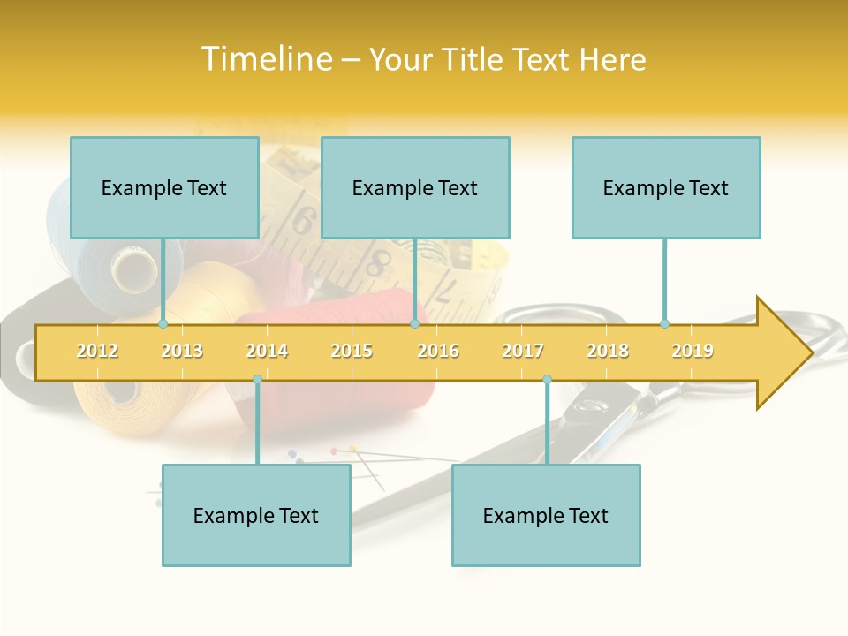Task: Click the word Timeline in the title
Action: click(x=266, y=59)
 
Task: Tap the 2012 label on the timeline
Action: click(x=97, y=351)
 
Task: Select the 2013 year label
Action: click(x=182, y=351)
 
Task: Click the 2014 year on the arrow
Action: click(x=267, y=351)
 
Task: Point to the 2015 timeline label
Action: click(x=352, y=351)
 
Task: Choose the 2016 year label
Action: click(x=438, y=351)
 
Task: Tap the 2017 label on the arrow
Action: click(x=523, y=351)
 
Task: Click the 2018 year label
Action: click(x=608, y=351)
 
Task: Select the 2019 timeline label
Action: click(x=693, y=351)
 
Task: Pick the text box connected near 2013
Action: click(x=164, y=187)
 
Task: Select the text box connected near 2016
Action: click(x=415, y=187)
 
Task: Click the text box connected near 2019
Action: click(x=666, y=187)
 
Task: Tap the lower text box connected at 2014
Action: click(x=256, y=515)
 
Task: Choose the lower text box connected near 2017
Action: click(x=546, y=515)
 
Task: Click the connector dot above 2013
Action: click(x=163, y=323)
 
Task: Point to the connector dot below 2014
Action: click(x=257, y=379)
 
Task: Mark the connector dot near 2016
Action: click(x=414, y=323)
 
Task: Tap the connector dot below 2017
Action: click(x=547, y=379)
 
